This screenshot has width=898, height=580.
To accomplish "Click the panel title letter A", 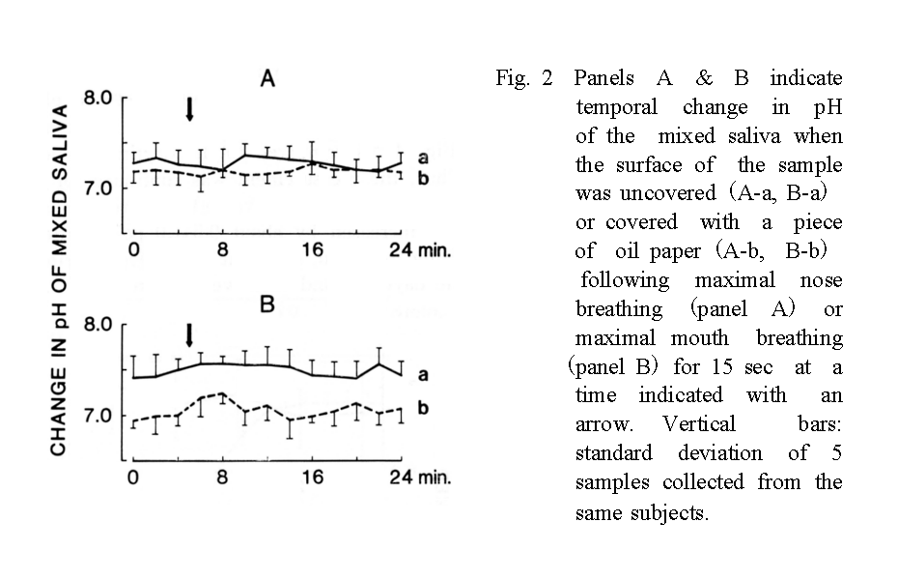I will [x=269, y=78].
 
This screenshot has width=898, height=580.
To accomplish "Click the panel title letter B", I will [x=267, y=305].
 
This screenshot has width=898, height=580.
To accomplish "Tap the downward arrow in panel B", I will [x=189, y=334].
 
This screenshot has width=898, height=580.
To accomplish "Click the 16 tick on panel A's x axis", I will [x=311, y=249].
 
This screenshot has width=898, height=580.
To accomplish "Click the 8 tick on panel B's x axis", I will [x=222, y=477].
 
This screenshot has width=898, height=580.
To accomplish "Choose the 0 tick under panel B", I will [x=133, y=477].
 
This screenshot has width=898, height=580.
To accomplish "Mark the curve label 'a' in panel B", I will [x=422, y=373].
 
